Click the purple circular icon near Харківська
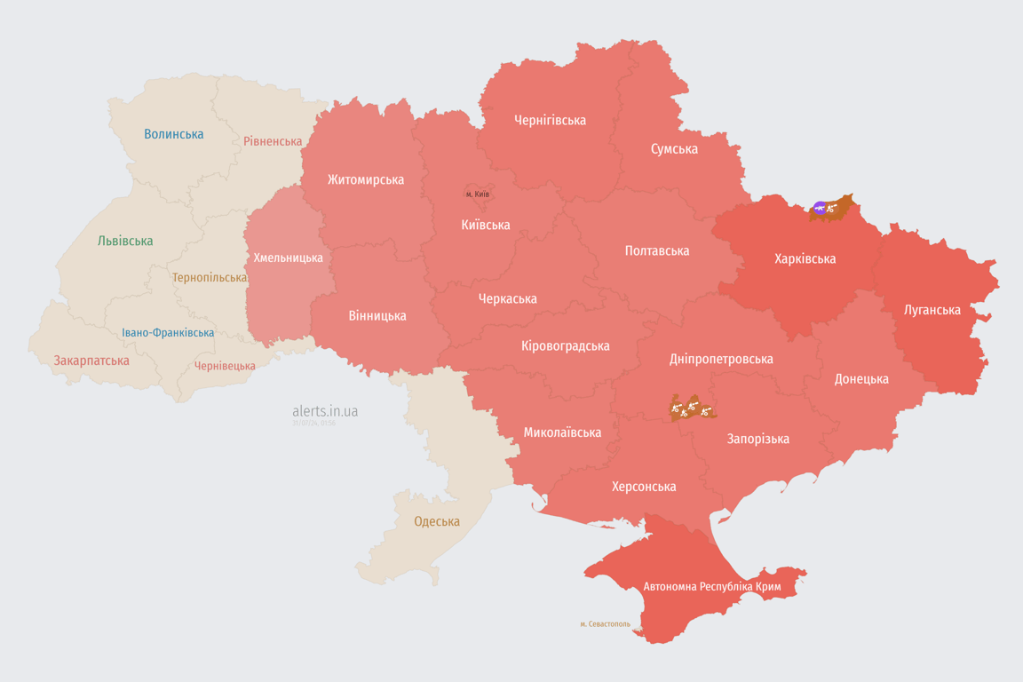pyautogui.click(x=819, y=209)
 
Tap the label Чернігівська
pyautogui.click(x=550, y=120)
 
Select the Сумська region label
pyautogui.click(x=674, y=149)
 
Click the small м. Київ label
pyautogui.click(x=478, y=194)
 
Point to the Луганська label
pyautogui.click(x=932, y=310)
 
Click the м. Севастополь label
pyautogui.click(x=605, y=624)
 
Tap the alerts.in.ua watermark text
pyautogui.click(x=325, y=411)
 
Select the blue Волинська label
pyautogui.click(x=174, y=134)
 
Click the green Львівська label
pyautogui.click(x=125, y=241)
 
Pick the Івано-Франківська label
pyautogui.click(x=168, y=333)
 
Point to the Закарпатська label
pyautogui.click(x=91, y=361)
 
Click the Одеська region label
pyautogui.click(x=437, y=521)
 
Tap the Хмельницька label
pyautogui.click(x=289, y=258)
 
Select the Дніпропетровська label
pyautogui.click(x=721, y=359)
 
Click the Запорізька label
pyautogui.click(x=757, y=439)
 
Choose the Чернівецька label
pyautogui.click(x=225, y=366)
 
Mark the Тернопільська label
pyautogui.click(x=210, y=277)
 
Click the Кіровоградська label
pyautogui.click(x=566, y=345)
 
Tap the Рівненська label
pyautogui.click(x=273, y=141)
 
